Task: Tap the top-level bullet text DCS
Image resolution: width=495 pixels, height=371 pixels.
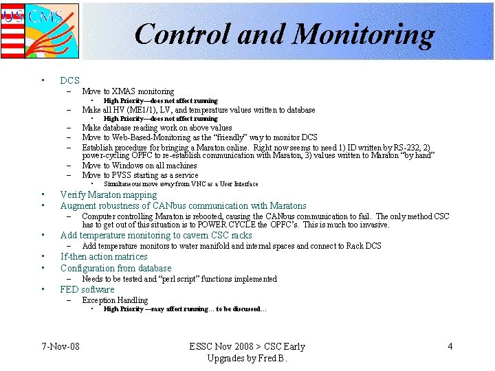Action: coord(70,80)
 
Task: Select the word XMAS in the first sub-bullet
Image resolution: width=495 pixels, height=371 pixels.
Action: coord(125,91)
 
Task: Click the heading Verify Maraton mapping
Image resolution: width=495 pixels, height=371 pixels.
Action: coord(109,194)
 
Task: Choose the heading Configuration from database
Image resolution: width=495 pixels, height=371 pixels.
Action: coord(115,268)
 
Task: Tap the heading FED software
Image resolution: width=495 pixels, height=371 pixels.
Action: coord(87,289)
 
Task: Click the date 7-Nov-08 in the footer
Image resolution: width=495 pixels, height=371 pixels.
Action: coord(60,346)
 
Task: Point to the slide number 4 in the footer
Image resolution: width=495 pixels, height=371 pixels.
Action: coord(450,346)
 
